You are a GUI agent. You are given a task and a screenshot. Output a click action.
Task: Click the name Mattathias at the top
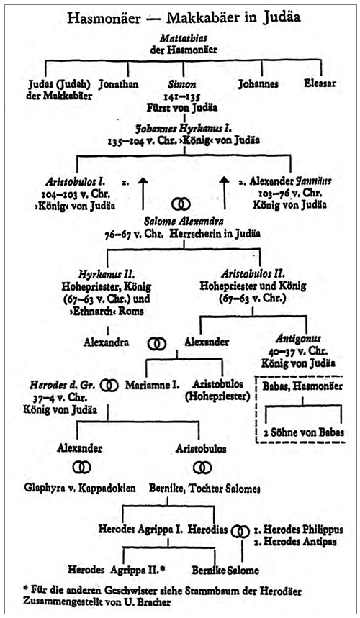184,38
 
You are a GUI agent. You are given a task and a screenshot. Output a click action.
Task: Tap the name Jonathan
118,84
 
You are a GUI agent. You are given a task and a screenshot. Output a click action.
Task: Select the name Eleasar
320,83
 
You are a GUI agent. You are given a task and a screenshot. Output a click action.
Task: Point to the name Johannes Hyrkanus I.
184,129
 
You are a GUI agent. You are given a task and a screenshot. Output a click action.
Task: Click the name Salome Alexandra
184,221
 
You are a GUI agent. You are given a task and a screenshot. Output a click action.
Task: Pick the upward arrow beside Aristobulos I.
143,194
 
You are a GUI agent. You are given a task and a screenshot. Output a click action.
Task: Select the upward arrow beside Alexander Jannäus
224,194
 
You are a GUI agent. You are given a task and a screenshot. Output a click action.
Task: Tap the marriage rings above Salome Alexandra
181,204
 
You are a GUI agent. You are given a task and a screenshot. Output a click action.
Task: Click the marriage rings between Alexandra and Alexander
157,344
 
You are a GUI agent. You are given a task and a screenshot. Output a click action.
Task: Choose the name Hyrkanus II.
107,274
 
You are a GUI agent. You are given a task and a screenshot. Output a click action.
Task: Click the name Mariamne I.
152,385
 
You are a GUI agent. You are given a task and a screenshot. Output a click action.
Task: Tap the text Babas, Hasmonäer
302,386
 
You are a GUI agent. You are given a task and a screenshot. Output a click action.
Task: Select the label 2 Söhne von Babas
304,432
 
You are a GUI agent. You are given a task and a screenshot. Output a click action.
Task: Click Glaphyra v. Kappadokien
80,489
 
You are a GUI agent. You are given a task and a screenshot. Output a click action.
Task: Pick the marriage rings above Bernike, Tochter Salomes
202,468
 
